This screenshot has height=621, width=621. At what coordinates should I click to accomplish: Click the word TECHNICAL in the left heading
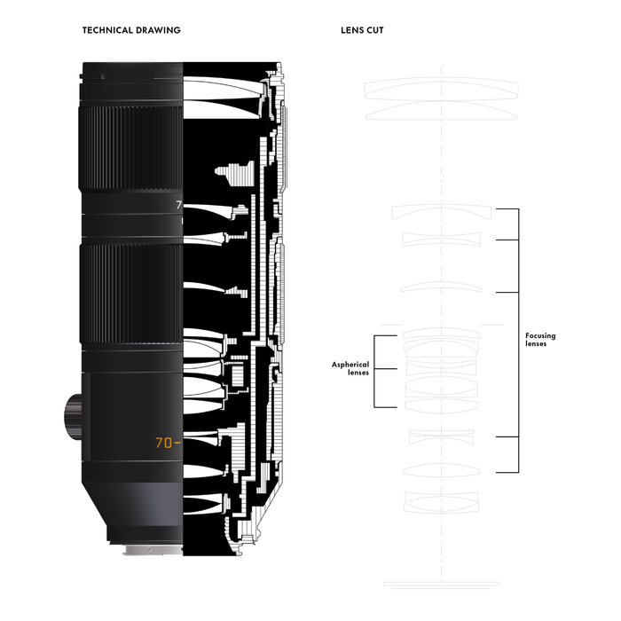107,30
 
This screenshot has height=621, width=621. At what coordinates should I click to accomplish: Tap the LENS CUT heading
362,30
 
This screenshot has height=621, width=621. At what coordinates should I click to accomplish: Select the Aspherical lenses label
350,368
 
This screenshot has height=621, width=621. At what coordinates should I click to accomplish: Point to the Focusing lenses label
540,340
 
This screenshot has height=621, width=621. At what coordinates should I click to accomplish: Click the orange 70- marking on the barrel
168,443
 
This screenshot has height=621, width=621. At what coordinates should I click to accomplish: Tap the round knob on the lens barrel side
73,416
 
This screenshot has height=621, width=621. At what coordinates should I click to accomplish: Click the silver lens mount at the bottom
153,550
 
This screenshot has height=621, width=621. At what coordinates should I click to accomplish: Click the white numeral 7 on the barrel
178,205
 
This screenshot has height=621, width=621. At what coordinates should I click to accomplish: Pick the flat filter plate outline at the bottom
441,584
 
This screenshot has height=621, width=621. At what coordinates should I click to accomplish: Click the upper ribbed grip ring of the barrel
131,148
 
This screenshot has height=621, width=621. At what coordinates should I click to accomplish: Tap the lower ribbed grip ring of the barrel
131,294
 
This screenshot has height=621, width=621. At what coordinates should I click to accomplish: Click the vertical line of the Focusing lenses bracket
518,341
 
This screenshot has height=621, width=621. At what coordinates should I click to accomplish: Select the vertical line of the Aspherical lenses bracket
374,372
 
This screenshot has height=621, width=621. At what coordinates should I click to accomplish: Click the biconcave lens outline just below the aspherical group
441,437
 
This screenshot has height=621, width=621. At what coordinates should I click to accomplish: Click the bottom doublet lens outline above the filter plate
441,502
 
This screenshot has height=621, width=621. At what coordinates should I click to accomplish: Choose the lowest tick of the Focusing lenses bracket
507,472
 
